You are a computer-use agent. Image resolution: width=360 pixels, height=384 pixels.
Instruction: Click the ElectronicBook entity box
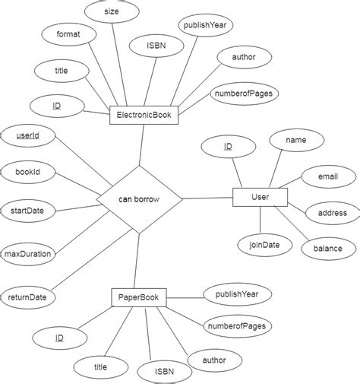click(143, 116)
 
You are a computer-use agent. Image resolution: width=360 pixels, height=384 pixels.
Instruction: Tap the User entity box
click(260, 198)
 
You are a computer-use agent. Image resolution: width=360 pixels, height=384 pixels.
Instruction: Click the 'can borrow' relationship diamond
click(139, 200)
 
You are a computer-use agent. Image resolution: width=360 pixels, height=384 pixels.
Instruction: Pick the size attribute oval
click(111, 11)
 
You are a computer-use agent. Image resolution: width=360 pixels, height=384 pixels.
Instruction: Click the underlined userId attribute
click(27, 137)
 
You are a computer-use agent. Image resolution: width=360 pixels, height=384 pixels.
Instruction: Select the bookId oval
click(27, 173)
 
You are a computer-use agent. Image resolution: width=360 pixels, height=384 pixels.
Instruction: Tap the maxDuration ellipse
click(27, 253)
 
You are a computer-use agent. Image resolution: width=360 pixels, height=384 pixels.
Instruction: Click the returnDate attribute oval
click(27, 297)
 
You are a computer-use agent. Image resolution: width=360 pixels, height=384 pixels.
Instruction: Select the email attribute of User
click(327, 177)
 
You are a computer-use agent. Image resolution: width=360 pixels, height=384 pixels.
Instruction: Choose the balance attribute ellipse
click(328, 248)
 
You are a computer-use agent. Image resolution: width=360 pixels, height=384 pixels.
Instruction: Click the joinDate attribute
click(260, 245)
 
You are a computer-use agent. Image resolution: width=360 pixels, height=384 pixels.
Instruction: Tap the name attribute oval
click(295, 141)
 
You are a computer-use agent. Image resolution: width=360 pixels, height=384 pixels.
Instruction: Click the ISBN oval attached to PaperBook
click(164, 372)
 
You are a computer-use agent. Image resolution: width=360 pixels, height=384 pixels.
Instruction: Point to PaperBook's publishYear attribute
click(237, 293)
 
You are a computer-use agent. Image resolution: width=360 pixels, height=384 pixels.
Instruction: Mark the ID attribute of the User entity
click(228, 146)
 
